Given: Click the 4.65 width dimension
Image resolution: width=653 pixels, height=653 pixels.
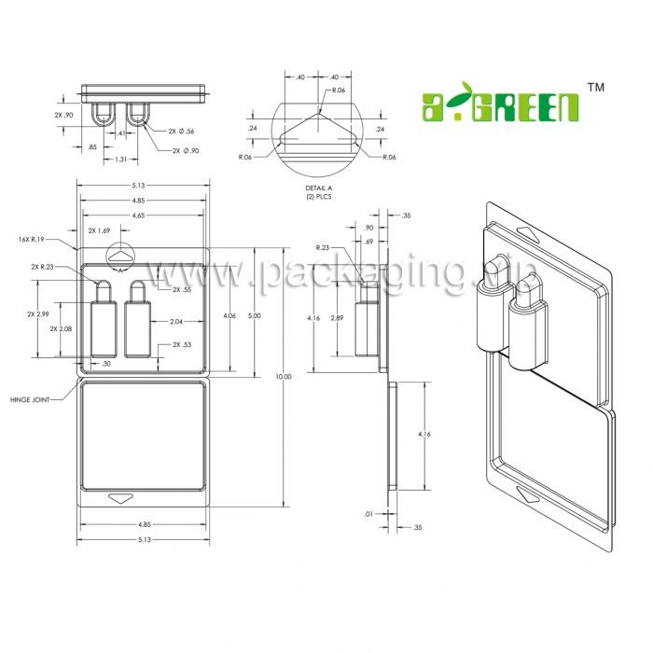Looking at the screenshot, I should click(x=145, y=215).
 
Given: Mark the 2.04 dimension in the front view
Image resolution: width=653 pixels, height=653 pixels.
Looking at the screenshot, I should click(x=175, y=322).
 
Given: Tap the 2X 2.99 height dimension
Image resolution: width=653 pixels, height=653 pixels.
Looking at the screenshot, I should click(x=37, y=314).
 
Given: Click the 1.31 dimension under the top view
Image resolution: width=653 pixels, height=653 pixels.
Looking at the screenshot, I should click(x=121, y=160).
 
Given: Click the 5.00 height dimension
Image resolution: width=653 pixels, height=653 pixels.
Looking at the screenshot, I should click(x=255, y=316).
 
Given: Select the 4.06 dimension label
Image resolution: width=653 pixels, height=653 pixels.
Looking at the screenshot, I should click(x=229, y=316).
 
